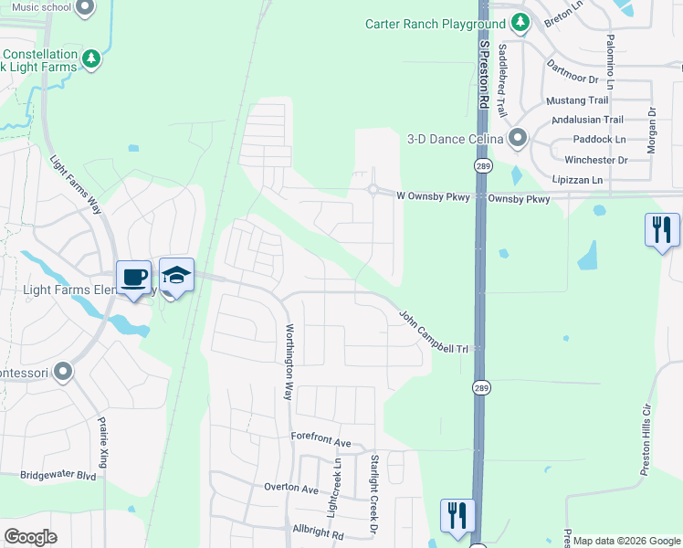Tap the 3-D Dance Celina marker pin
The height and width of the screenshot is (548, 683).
(x=518, y=138)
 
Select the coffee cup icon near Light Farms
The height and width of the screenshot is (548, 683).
(x=133, y=277)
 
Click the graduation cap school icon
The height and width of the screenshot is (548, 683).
(x=176, y=274)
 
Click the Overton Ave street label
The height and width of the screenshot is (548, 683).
(x=290, y=488)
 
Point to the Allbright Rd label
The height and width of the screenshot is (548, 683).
(x=317, y=532)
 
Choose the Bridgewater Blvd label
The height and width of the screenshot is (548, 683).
(x=58, y=476)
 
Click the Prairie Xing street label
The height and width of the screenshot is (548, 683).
(x=103, y=446)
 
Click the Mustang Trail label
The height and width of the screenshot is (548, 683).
(x=577, y=100)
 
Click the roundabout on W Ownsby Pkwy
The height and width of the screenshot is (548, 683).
(x=373, y=190)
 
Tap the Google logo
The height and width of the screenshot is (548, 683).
(x=30, y=536)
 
